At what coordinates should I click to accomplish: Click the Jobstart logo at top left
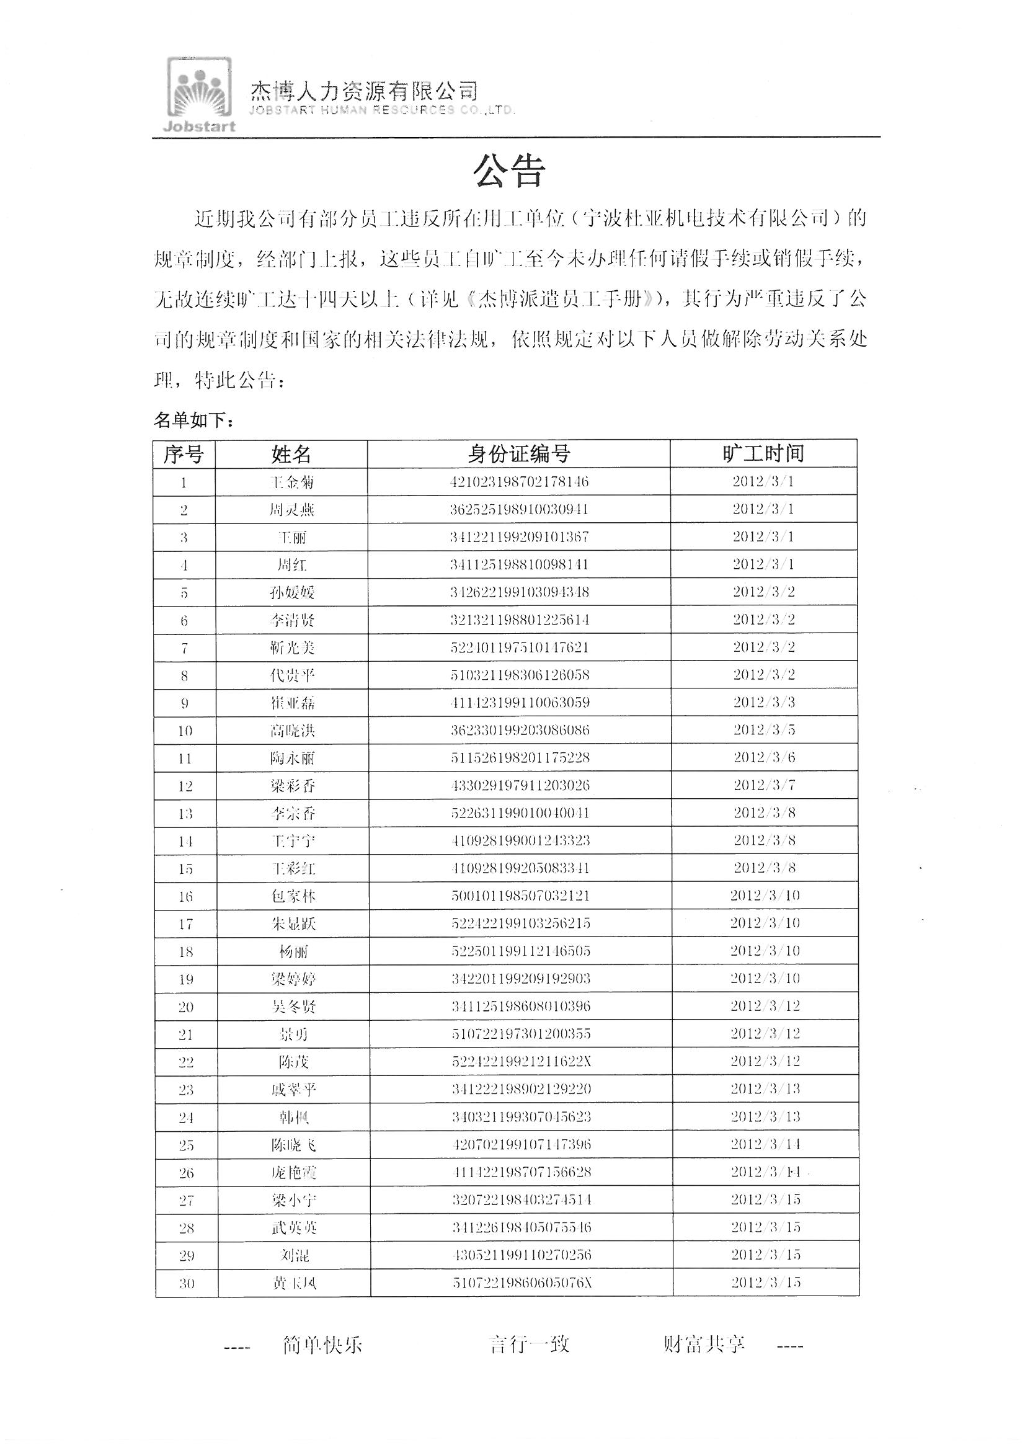point(198,95)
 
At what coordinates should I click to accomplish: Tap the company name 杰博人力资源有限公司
point(365,92)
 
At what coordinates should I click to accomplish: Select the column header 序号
point(184,454)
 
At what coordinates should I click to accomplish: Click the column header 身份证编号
point(518,453)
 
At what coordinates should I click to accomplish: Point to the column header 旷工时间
point(763,453)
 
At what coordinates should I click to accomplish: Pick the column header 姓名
point(291,454)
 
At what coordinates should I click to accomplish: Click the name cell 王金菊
point(291,483)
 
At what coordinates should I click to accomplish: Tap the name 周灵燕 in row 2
point(291,510)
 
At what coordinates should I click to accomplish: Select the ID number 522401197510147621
point(519,647)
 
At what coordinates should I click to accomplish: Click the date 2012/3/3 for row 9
point(763,702)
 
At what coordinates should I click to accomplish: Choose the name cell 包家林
point(293,896)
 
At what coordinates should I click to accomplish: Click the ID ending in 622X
point(521,1062)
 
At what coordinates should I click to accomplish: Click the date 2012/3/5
point(763,730)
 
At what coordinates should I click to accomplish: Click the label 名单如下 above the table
point(194,420)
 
